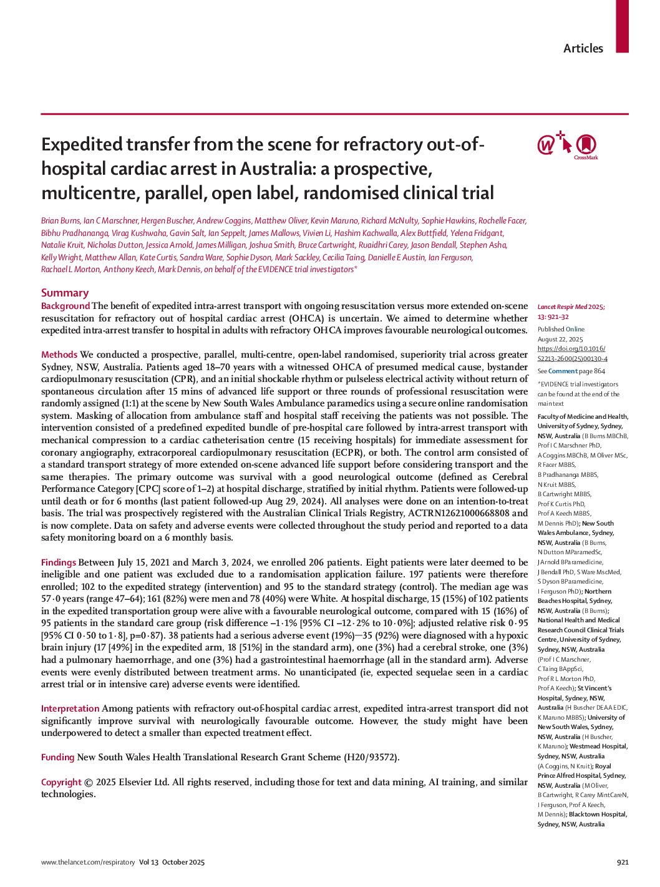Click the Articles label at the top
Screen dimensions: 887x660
pyautogui.click(x=583, y=48)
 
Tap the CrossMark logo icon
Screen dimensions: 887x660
pyautogui.click(x=585, y=146)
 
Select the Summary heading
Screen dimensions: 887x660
pyautogui.click(x=65, y=293)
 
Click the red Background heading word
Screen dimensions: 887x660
pyautogui.click(x=66, y=306)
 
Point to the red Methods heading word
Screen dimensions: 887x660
pyautogui.click(x=59, y=355)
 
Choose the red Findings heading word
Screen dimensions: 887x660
pyautogui.click(x=59, y=562)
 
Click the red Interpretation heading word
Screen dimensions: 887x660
pyautogui.click(x=70, y=708)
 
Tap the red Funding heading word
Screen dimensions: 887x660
pyautogui.click(x=57, y=757)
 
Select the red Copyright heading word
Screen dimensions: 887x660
pyautogui.click(x=61, y=782)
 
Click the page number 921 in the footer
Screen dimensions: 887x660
pyautogui.click(x=622, y=862)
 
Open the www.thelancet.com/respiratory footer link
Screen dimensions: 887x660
pyautogui.click(x=88, y=862)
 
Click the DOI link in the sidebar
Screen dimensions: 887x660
pyautogui.click(x=572, y=353)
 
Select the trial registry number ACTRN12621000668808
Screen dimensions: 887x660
pyautogui.click(x=459, y=513)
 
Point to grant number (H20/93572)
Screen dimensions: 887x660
pyautogui.click(x=371, y=757)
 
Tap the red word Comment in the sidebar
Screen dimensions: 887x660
pyautogui.click(x=563, y=371)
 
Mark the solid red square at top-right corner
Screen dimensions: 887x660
pyautogui.click(x=622, y=26)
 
